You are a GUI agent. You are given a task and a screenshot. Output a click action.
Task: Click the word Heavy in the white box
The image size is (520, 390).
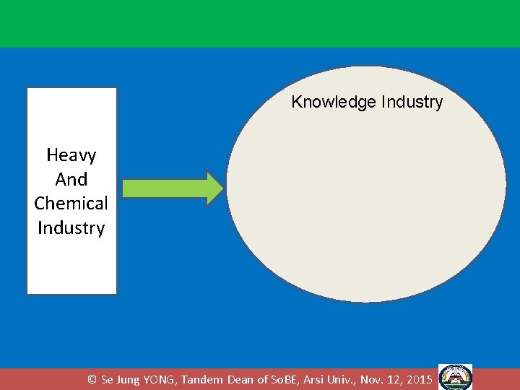click(x=71, y=155)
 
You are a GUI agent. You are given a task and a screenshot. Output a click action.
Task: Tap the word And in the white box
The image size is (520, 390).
click(x=71, y=179)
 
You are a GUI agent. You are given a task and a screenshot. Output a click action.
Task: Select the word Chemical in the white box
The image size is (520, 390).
click(x=71, y=203)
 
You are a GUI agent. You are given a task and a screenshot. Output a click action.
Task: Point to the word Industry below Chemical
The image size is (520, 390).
click(x=71, y=227)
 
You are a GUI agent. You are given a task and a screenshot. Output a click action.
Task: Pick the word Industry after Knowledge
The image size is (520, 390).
click(x=410, y=102)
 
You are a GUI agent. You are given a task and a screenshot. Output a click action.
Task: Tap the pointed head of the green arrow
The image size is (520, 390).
click(x=216, y=188)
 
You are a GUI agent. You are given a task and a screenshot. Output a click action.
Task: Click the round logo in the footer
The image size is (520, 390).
click(x=455, y=378)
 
